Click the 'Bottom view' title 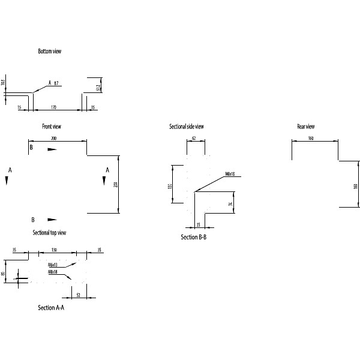click(49, 52)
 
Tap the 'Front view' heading click(52, 127)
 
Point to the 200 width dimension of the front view click(54, 139)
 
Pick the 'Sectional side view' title click(187, 127)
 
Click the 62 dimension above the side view click(194, 139)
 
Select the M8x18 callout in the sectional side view click(230, 174)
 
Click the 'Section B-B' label click(194, 238)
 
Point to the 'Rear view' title click(306, 127)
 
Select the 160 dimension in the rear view click(311, 139)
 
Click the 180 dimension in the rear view click(356, 187)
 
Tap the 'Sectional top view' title click(49, 232)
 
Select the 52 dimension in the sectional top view click(78, 295)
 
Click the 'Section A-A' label click(51, 308)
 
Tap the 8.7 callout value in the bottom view click(56, 83)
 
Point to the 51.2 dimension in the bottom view click(98, 88)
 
